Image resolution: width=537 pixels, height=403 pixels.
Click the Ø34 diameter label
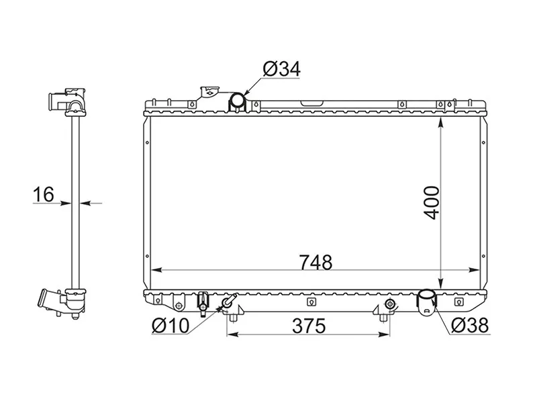click(x=281, y=69)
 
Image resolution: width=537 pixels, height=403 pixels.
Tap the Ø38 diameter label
click(x=469, y=325)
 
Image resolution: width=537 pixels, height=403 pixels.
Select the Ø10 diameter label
click(x=170, y=326)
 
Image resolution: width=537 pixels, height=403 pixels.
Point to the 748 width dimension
click(x=315, y=262)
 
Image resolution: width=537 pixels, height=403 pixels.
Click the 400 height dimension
click(x=431, y=203)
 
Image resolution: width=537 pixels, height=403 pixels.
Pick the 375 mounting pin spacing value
click(x=309, y=326)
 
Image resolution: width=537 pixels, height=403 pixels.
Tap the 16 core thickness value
click(x=44, y=194)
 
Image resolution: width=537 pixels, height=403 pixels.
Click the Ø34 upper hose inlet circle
click(x=237, y=99)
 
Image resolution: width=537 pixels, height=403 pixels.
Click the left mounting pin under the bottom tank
click(x=233, y=318)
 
